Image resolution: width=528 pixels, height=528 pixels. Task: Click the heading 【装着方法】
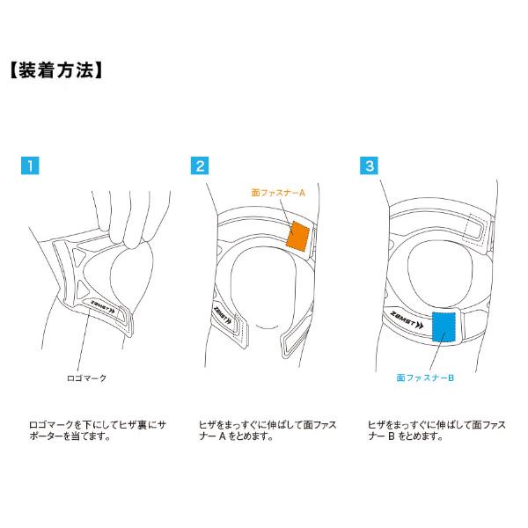59,70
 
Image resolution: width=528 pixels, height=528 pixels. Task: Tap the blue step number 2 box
202,165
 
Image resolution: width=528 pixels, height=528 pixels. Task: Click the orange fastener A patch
298,237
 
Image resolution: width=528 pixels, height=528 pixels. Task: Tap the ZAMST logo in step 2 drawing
217,315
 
